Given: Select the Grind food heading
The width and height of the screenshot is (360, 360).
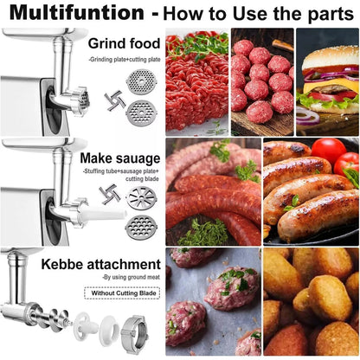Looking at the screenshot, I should click(x=124, y=42).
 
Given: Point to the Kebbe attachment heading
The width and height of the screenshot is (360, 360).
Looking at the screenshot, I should click(x=110, y=263).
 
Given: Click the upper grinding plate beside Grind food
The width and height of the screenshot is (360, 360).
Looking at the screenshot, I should click(x=140, y=83).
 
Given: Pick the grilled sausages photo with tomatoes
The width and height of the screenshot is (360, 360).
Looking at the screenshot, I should click(x=311, y=191).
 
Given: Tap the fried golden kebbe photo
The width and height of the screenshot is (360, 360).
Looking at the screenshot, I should click(x=311, y=303).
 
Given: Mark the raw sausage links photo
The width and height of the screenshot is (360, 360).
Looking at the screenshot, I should click(x=212, y=192).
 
